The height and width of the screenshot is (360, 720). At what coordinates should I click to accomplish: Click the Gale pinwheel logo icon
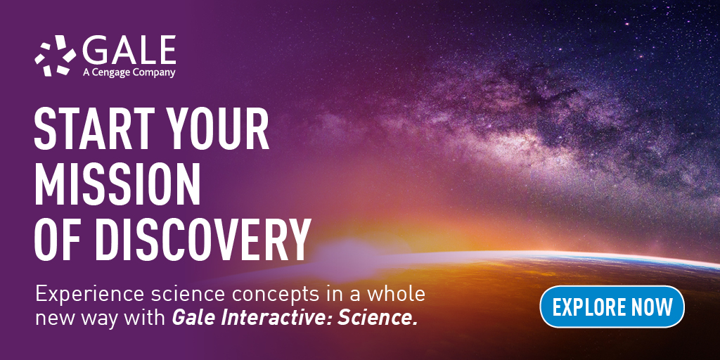click(55, 56)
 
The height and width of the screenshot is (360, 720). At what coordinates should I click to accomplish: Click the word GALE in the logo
click(129, 50)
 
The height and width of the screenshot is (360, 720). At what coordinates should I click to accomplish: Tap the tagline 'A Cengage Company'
click(129, 72)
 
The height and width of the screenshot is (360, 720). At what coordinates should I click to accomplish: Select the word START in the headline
click(94, 129)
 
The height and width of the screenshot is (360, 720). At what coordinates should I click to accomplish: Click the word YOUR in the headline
click(218, 129)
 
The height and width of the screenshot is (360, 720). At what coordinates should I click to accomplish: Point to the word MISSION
click(117, 185)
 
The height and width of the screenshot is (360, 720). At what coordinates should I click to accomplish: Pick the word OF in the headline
click(59, 240)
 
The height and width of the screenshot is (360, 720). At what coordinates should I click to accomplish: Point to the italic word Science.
click(378, 319)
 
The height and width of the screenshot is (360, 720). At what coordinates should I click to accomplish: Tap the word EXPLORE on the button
click(588, 307)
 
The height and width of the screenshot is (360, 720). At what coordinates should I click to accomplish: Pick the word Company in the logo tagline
click(154, 72)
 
